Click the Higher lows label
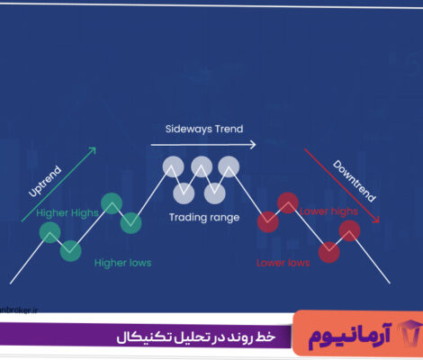[x=122, y=263]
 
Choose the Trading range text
[x=203, y=218]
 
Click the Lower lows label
[x=283, y=263]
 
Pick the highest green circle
[x=112, y=202]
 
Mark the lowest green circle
[x=69, y=250]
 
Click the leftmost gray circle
[x=172, y=166]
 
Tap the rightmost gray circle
[x=231, y=166]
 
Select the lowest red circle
[x=329, y=252]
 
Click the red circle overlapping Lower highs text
[x=288, y=202]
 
